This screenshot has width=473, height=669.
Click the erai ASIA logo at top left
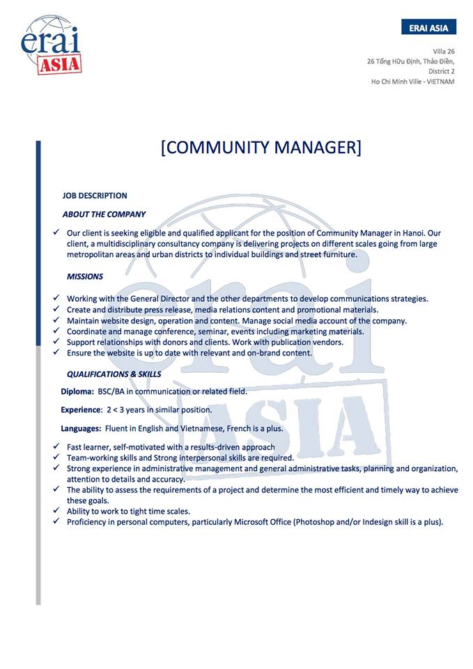coord(52,45)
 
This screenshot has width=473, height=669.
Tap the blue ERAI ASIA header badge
coord(428,27)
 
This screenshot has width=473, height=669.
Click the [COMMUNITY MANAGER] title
coord(261,148)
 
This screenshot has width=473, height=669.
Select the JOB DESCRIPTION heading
coord(95,196)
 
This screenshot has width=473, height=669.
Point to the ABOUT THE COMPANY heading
coord(104,215)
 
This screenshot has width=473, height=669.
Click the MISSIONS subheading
coord(85,277)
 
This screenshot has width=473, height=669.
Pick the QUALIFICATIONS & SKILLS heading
coord(114,374)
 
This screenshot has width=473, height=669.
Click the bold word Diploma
coord(77,392)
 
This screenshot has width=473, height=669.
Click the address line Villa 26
coord(443,52)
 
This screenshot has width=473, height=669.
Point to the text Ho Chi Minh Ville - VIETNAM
coord(412,82)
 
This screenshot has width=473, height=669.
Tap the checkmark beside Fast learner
coord(56,447)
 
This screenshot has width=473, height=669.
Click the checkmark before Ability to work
coord(56,511)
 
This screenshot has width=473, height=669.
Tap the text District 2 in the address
coord(441,71)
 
